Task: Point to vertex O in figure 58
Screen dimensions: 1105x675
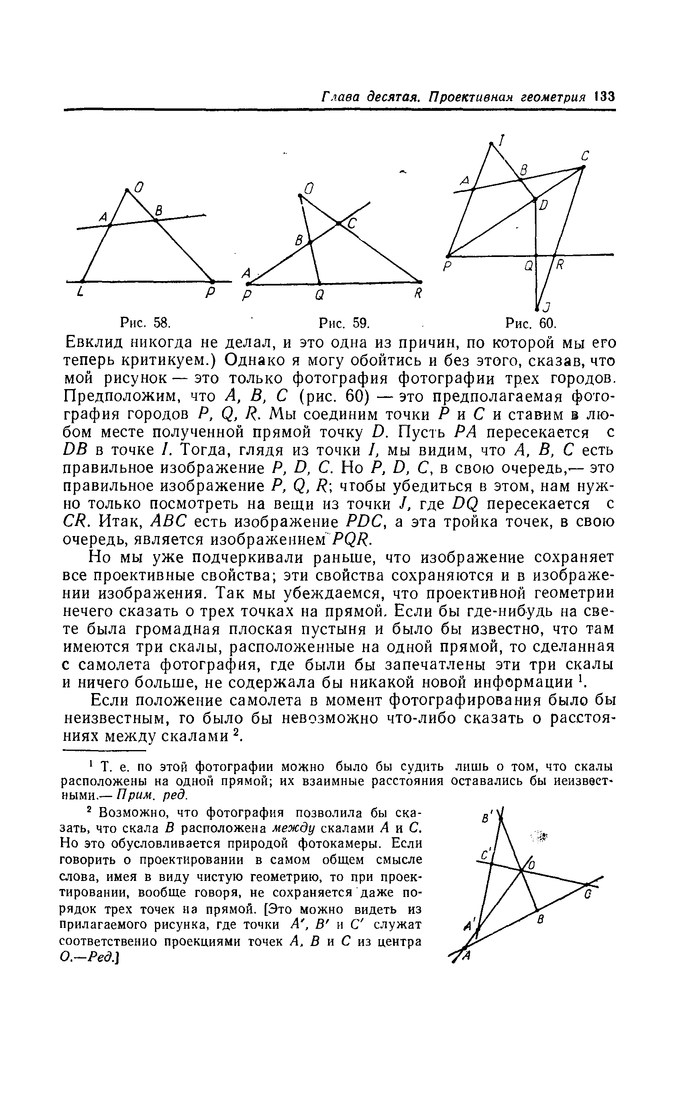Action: tap(127, 191)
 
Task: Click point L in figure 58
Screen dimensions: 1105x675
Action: tap(83, 281)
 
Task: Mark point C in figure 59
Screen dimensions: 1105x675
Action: tap(339, 223)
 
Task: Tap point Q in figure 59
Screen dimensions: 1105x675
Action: tap(319, 283)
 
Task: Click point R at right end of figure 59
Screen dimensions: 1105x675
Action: tap(420, 281)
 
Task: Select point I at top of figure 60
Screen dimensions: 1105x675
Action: tap(491, 143)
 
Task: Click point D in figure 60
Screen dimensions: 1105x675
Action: tap(535, 198)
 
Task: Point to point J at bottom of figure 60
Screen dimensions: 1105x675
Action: tap(537, 308)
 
